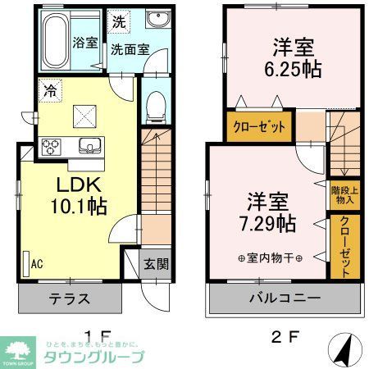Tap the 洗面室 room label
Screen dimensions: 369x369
(x=129, y=49)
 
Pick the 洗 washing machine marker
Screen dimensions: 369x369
(x=120, y=21)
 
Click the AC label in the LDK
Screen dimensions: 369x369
(x=36, y=264)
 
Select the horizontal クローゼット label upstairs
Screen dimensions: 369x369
(x=258, y=127)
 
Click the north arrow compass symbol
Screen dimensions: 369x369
(x=344, y=350)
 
